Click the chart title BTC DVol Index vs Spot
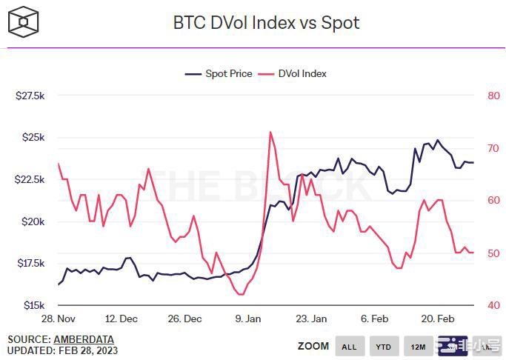pyautogui.click(x=266, y=23)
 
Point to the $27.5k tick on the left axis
pyautogui.click(x=30, y=96)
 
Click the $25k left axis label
pyautogui.click(x=33, y=138)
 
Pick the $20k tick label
pyautogui.click(x=33, y=221)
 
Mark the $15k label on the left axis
pyautogui.click(x=33, y=305)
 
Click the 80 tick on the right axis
pyautogui.click(x=493, y=96)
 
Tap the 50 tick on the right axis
pyautogui.click(x=493, y=253)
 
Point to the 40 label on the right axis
pyautogui.click(x=493, y=305)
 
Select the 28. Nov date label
pyautogui.click(x=59, y=319)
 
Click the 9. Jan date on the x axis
pyautogui.click(x=248, y=319)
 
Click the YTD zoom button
pyautogui.click(x=383, y=346)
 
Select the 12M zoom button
pyautogui.click(x=418, y=346)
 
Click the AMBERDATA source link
pyautogui.click(x=84, y=339)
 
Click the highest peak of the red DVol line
pyautogui.click(x=270, y=132)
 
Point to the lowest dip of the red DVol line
pyautogui.click(x=240, y=294)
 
